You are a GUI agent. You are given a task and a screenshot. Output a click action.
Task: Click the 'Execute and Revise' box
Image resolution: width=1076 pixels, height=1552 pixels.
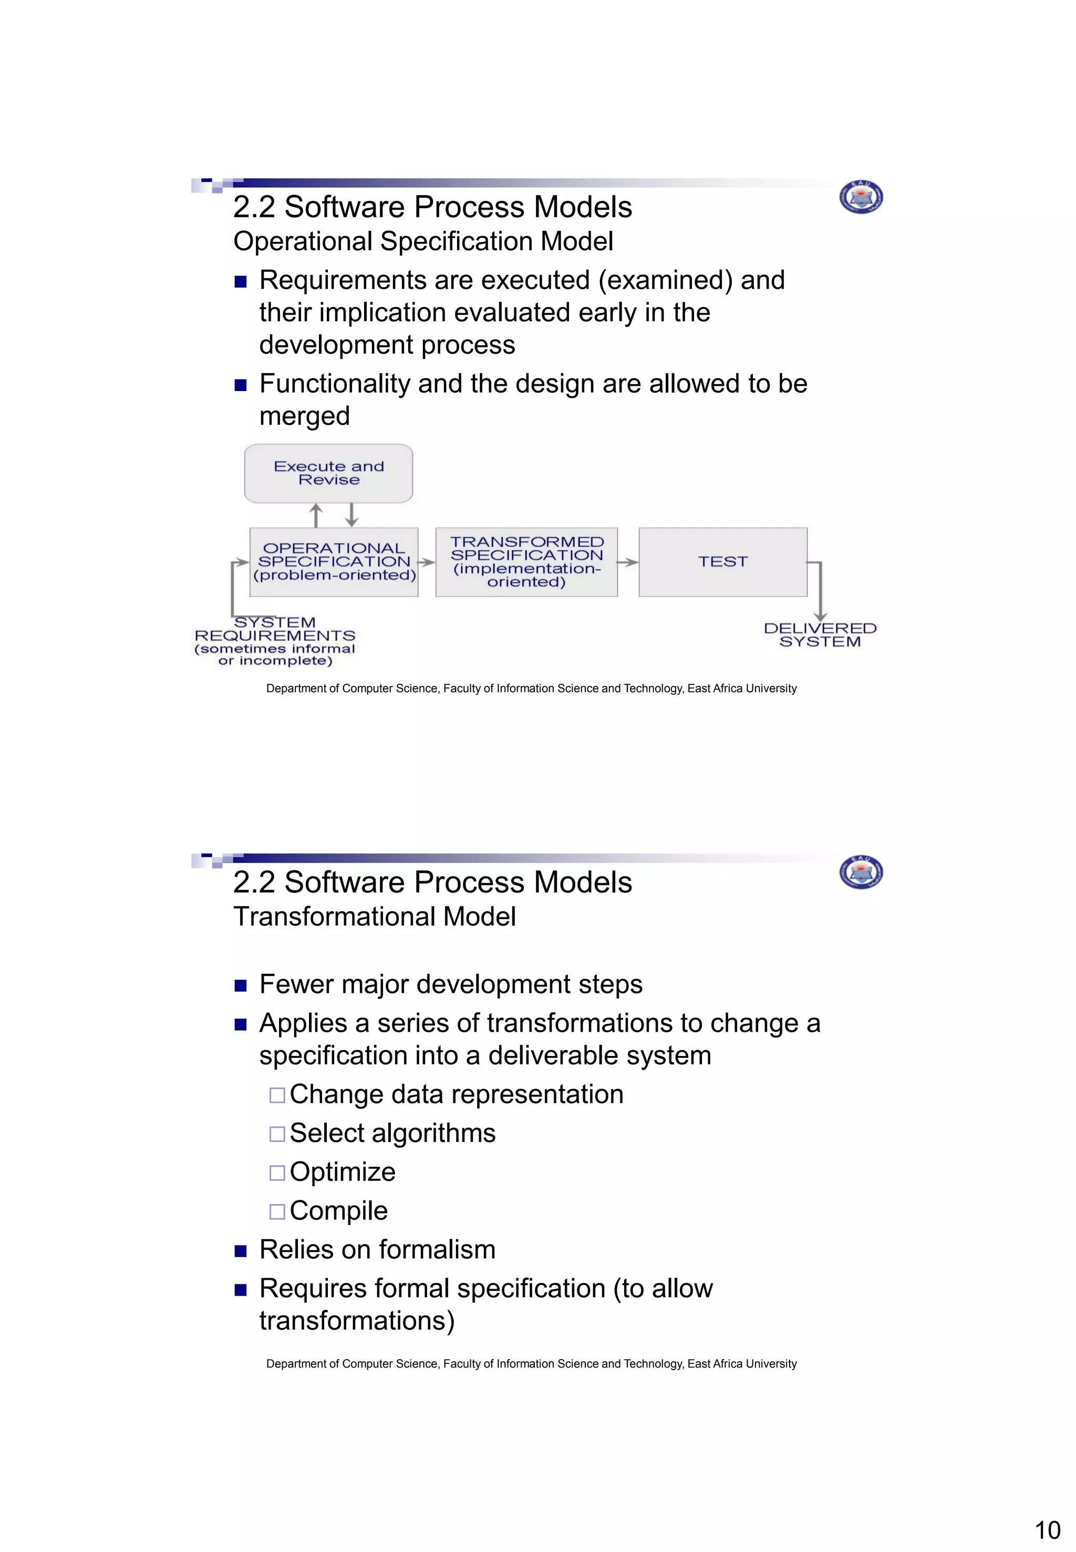click(x=328, y=473)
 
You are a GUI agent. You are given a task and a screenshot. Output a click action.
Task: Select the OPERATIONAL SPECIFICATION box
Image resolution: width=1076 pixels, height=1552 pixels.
click(x=334, y=562)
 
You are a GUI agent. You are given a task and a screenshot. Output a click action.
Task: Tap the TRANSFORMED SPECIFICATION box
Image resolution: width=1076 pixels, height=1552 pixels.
click(x=526, y=562)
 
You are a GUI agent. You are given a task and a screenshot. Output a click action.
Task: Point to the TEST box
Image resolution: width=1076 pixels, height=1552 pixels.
click(x=723, y=562)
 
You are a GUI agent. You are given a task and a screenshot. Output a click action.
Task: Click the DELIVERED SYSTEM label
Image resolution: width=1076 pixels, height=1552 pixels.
click(x=820, y=635)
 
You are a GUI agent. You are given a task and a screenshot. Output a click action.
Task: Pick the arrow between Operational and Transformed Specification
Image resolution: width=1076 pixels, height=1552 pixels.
click(x=427, y=562)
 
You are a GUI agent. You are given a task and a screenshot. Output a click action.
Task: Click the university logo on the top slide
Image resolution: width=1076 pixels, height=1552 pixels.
click(x=861, y=198)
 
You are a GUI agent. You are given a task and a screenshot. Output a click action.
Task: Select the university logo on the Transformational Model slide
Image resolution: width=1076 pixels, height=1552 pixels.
click(x=861, y=873)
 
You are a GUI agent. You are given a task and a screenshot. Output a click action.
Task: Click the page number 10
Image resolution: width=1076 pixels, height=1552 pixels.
click(x=1047, y=1530)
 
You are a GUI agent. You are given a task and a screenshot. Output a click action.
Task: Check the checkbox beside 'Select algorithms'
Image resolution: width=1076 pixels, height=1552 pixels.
click(x=277, y=1134)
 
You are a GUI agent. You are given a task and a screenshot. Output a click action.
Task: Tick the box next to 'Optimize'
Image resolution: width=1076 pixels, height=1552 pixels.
click(x=277, y=1173)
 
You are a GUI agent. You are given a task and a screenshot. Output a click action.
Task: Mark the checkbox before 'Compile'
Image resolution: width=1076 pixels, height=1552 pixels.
click(x=277, y=1211)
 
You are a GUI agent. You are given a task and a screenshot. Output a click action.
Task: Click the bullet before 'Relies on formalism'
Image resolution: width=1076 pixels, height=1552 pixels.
click(x=241, y=1251)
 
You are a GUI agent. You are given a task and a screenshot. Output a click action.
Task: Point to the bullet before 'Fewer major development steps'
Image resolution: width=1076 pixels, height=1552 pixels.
click(x=241, y=986)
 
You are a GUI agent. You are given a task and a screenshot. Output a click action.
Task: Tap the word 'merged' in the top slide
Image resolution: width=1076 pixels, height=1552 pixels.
click(x=305, y=416)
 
